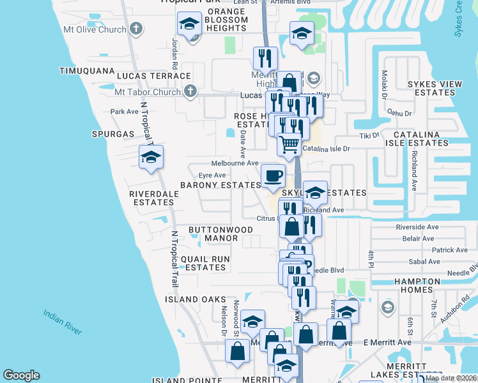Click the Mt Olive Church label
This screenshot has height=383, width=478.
95,29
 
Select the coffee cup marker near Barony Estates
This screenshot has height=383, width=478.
273,176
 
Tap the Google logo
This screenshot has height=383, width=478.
21,375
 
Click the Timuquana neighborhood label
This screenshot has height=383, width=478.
86,71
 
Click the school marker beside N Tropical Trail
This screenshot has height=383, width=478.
151,158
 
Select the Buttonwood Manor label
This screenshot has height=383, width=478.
212,233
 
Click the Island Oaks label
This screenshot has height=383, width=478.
196,299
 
